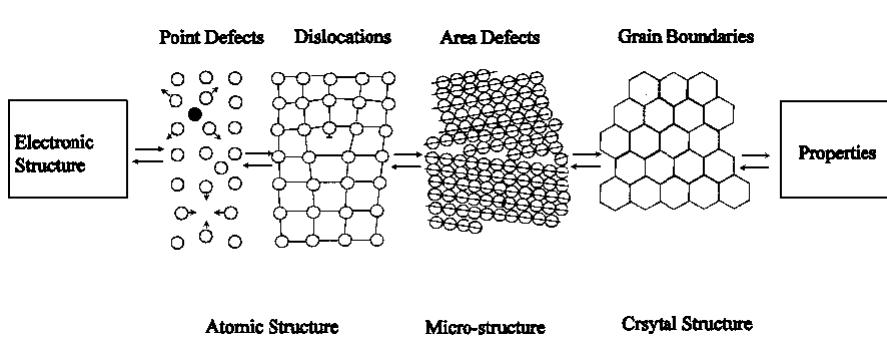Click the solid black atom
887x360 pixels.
coord(195,115)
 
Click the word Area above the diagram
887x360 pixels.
coord(454,37)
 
